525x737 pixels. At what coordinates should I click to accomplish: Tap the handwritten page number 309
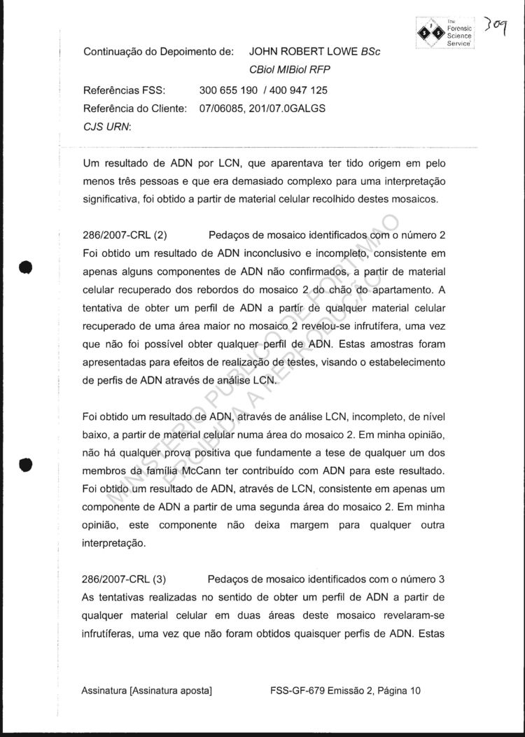pyautogui.click(x=498, y=29)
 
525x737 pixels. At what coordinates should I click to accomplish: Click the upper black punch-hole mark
pyautogui.click(x=25, y=269)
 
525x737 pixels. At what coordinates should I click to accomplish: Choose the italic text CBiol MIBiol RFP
pyautogui.click(x=288, y=69)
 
